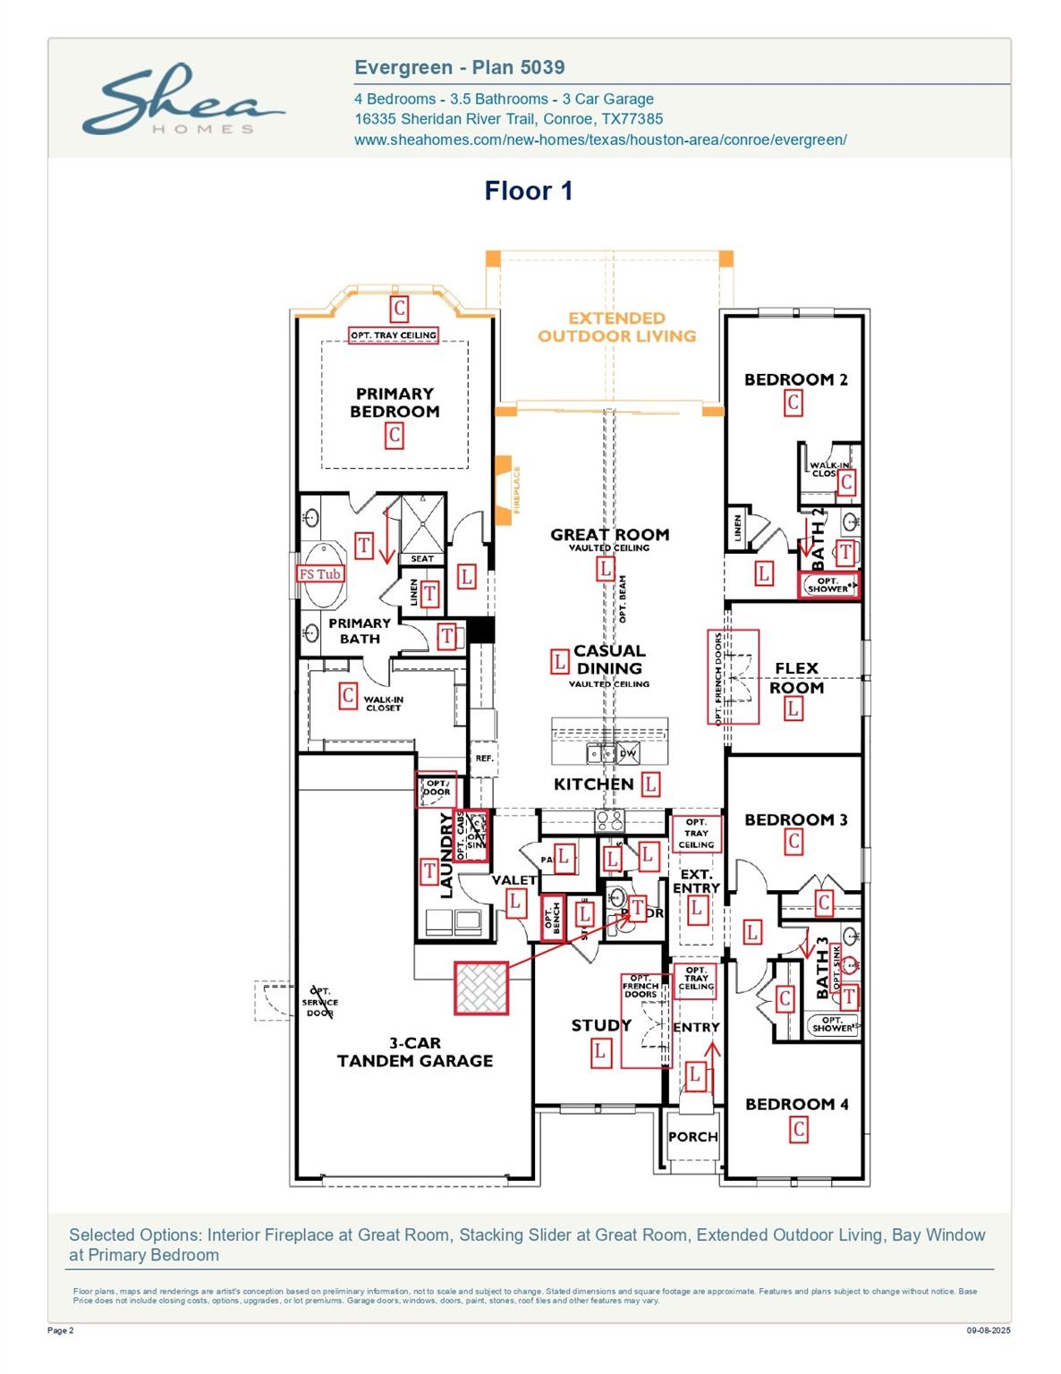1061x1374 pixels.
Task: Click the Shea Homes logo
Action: [x=182, y=100]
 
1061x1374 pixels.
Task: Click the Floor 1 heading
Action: [x=528, y=191]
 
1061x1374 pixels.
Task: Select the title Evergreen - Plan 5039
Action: [x=459, y=67]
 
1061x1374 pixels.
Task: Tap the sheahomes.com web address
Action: [x=599, y=140]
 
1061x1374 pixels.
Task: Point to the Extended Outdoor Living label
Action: [x=616, y=327]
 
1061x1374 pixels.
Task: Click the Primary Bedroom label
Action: [x=395, y=403]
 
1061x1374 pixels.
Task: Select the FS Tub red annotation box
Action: [x=320, y=574]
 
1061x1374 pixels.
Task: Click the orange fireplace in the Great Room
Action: [x=506, y=485]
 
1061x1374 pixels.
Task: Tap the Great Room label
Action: [x=609, y=535]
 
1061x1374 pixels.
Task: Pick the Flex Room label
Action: [x=796, y=678]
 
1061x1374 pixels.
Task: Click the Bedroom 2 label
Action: [x=795, y=379]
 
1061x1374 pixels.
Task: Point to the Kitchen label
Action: [x=593, y=785]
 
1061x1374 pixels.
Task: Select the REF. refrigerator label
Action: [x=484, y=759]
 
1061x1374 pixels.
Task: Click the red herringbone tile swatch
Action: [x=481, y=988]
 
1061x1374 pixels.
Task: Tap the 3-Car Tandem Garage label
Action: [x=415, y=1052]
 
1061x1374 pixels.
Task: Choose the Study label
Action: [x=601, y=1025]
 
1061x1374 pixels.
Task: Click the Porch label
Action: [x=692, y=1137]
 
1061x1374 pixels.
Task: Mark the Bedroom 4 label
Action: [x=796, y=1105]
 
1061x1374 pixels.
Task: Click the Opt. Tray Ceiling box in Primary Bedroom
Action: [x=394, y=335]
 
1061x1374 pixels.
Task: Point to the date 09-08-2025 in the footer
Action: [x=988, y=1331]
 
